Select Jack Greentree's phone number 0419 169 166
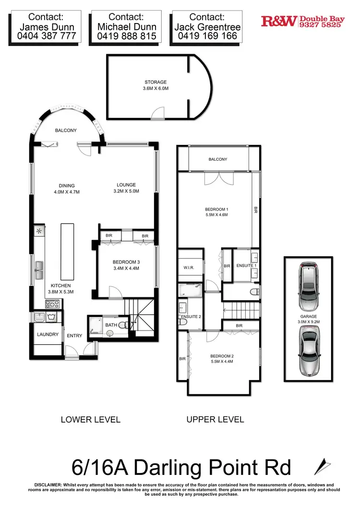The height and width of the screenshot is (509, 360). click(208, 36)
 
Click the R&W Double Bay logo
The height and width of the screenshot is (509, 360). click(302, 21)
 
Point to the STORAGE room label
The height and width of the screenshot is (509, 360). click(156, 83)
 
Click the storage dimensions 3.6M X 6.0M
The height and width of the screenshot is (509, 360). click(156, 89)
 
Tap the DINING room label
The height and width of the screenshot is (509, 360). click(67, 186)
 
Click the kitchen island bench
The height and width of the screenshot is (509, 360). click(67, 252)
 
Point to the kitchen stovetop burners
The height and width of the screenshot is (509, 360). click(52, 303)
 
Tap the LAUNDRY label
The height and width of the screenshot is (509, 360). click(48, 334)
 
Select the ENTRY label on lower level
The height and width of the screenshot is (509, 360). click(74, 336)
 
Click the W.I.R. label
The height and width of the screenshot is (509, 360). click(189, 267)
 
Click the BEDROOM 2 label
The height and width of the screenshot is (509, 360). click(221, 355)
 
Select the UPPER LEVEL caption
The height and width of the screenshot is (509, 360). click(215, 419)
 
